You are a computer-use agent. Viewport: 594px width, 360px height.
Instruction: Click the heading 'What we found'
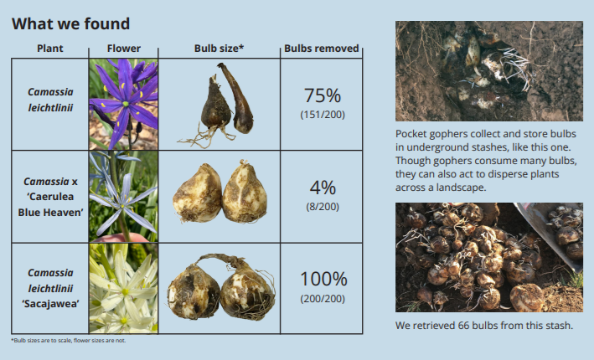click(x=71, y=23)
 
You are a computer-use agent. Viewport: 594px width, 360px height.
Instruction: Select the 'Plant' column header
click(x=50, y=49)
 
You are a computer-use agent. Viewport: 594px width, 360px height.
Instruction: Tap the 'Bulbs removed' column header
click(x=321, y=49)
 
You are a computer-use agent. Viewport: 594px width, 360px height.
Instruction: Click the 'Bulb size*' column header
click(x=219, y=49)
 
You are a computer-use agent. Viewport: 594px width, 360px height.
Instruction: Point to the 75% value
click(x=323, y=95)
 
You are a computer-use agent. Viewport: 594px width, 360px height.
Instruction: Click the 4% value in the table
click(x=323, y=188)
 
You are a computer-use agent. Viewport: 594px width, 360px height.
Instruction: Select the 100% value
click(x=323, y=280)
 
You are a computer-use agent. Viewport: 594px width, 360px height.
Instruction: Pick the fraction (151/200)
click(x=323, y=115)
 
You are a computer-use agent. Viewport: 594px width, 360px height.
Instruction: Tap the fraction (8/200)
click(x=323, y=207)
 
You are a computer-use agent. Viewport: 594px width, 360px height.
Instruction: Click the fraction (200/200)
click(x=323, y=299)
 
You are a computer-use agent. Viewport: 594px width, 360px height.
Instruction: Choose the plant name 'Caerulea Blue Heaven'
click(x=50, y=204)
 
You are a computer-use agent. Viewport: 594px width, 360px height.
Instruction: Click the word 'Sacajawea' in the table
click(x=50, y=304)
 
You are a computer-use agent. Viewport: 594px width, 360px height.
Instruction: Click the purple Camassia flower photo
click(x=123, y=104)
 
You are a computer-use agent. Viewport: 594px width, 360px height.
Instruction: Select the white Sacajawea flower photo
click(x=123, y=289)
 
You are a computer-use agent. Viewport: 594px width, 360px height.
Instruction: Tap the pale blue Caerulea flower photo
click(x=123, y=197)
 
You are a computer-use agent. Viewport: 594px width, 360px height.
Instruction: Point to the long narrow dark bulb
click(x=237, y=99)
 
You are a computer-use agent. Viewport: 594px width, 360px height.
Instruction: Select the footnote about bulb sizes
click(x=69, y=340)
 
